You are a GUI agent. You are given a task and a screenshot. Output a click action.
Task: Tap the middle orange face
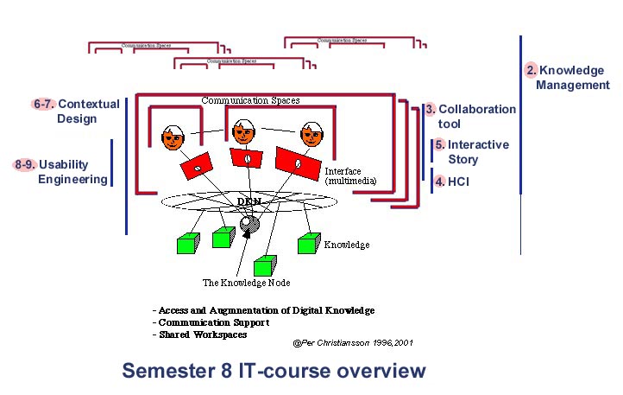(x=244, y=132)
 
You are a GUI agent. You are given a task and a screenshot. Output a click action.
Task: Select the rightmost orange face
(x=310, y=136)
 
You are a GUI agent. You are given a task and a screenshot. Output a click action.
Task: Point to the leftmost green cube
(x=187, y=243)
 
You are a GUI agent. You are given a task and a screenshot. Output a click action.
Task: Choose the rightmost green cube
(x=308, y=244)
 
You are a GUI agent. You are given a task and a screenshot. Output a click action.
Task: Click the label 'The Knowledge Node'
(x=246, y=283)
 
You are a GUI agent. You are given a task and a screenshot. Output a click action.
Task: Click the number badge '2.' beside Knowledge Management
(x=532, y=70)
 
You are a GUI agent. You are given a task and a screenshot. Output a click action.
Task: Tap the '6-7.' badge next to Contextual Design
(x=44, y=105)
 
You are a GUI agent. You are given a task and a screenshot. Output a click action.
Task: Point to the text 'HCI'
(x=459, y=182)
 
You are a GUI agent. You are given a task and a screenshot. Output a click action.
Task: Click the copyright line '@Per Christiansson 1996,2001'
(x=352, y=342)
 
